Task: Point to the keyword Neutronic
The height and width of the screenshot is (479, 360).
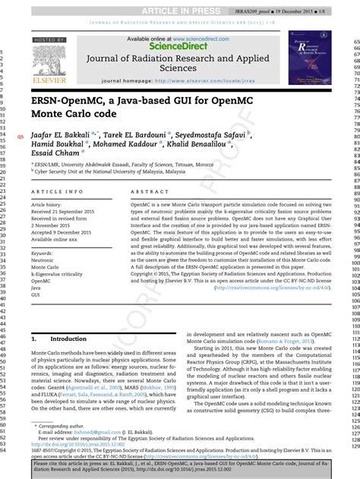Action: [45, 260]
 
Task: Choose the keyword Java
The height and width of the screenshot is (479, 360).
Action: [36, 288]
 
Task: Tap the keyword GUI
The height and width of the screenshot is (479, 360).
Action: [36, 296]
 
